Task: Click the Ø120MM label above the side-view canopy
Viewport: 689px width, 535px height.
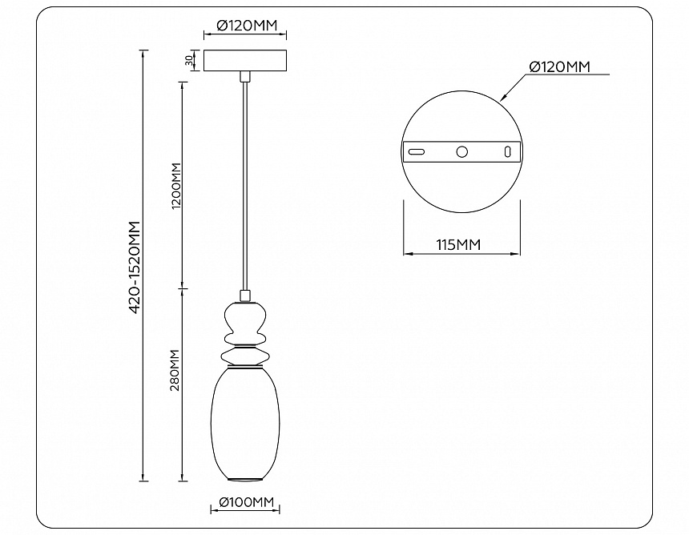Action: pyautogui.click(x=248, y=26)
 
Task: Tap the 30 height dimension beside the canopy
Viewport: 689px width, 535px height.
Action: pyautogui.click(x=189, y=61)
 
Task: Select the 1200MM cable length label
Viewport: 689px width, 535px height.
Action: pyautogui.click(x=176, y=186)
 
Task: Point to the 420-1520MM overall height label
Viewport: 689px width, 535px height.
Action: pyautogui.click(x=135, y=267)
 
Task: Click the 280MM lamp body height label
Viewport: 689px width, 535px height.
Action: pyautogui.click(x=175, y=370)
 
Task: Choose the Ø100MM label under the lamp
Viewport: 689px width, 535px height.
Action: pyautogui.click(x=246, y=501)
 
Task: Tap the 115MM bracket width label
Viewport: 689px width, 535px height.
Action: pyautogui.click(x=458, y=244)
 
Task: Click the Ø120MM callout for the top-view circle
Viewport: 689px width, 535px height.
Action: pyautogui.click(x=560, y=66)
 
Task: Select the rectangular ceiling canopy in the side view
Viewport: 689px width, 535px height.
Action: pyautogui.click(x=244, y=61)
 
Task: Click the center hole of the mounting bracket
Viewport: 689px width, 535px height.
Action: pyautogui.click(x=461, y=151)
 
